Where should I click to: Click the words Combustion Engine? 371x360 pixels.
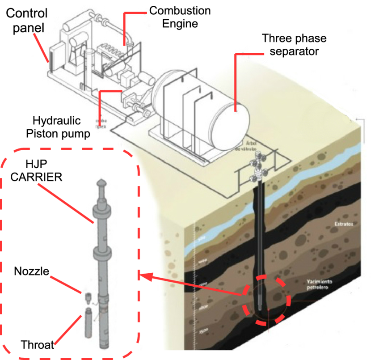pos(180,17)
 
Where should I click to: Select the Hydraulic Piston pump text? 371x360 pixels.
pos(59,127)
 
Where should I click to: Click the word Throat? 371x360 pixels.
pos(38,344)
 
